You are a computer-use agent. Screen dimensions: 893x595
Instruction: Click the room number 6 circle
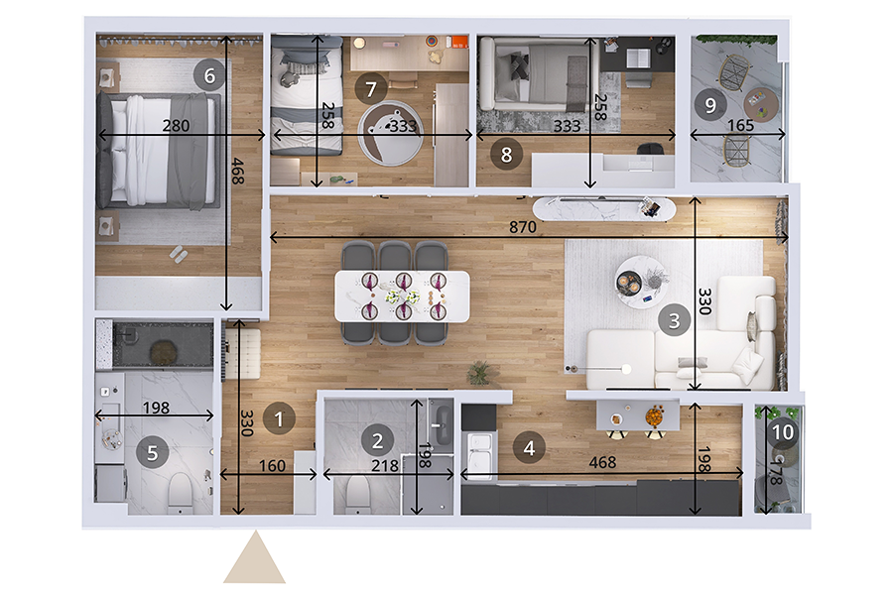coord(209,75)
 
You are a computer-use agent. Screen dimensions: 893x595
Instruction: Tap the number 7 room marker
coord(371,89)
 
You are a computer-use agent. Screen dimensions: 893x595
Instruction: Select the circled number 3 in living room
coord(675,320)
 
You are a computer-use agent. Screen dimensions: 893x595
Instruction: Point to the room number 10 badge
coord(783,432)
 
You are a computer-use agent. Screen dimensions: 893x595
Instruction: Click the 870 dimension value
coord(522,227)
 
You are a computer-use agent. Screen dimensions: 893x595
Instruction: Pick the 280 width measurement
coord(176,125)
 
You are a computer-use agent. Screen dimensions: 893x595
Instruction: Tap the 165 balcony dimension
coord(740,125)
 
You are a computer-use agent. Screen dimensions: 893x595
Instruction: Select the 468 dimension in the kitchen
coord(602,462)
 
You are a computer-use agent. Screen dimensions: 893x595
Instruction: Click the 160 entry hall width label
coord(272,466)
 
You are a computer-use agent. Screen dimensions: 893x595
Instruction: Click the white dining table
coord(403,297)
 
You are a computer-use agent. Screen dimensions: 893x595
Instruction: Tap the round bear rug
coord(390,132)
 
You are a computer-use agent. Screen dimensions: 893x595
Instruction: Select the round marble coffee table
coord(642,282)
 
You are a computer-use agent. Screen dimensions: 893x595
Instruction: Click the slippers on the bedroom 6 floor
coord(178,254)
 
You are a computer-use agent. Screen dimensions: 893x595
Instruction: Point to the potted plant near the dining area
coord(479,373)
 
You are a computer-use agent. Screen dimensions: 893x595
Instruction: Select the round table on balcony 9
coord(761,104)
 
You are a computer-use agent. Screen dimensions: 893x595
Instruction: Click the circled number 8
coord(506,154)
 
